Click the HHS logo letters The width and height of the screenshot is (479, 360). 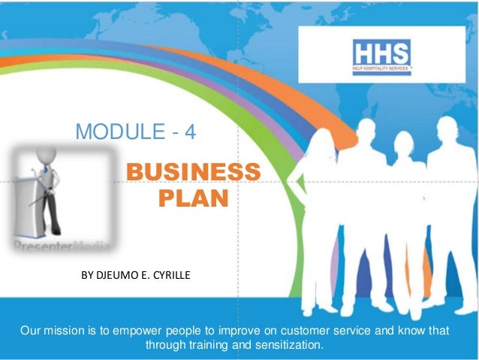click(382, 53)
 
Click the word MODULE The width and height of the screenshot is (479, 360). click(113, 134)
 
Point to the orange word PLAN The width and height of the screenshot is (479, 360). click(194, 199)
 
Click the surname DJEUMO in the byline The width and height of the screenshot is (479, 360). click(123, 276)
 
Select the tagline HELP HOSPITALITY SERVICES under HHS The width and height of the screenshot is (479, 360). click(382, 70)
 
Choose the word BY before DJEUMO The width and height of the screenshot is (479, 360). click(87, 276)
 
